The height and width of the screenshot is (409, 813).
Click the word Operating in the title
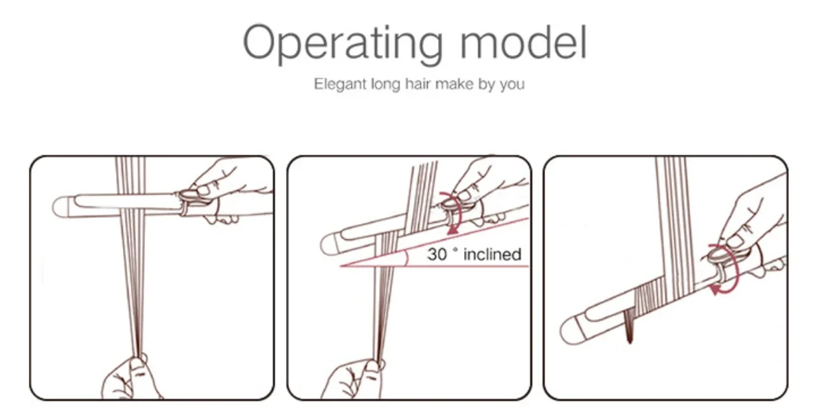coord(343,43)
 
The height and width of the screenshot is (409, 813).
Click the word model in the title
coord(524,41)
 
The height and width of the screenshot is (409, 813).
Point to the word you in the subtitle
coord(512,85)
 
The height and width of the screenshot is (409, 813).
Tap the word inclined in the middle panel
coord(492,254)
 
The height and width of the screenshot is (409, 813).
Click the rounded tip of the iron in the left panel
coord(59,206)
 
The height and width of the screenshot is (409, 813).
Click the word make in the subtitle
coord(454,83)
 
